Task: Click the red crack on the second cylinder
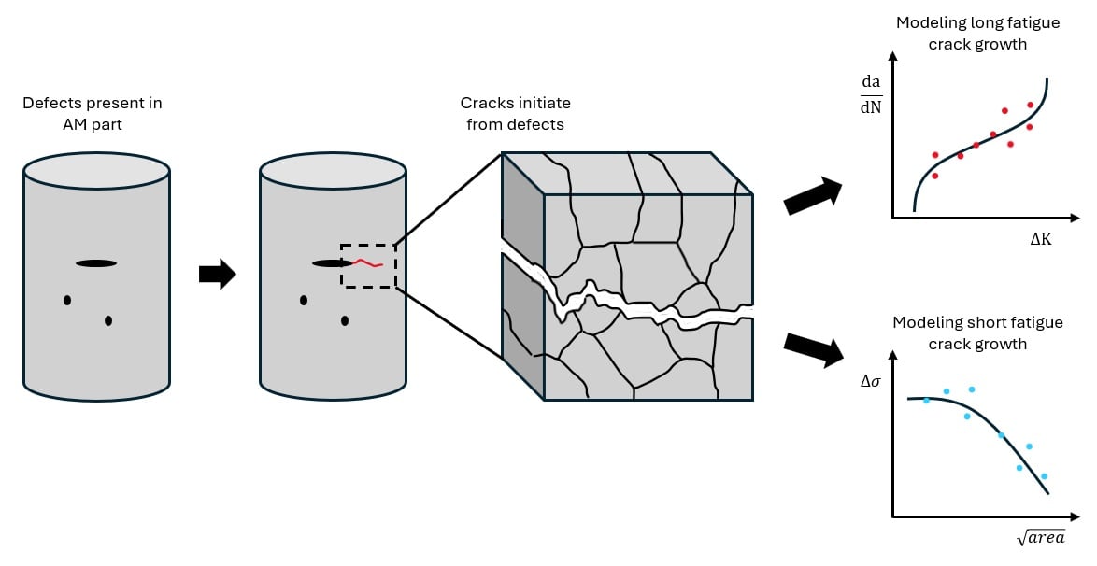click(x=367, y=263)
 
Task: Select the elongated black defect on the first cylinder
click(x=96, y=263)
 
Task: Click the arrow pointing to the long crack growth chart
click(x=812, y=196)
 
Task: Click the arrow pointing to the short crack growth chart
click(x=813, y=347)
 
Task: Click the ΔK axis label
click(x=1041, y=240)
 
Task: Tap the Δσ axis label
click(x=871, y=382)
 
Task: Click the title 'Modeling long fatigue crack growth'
click(x=977, y=33)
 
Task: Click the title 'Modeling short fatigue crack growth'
click(x=977, y=333)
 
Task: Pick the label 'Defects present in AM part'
click(x=98, y=112)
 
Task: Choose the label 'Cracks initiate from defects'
click(x=515, y=112)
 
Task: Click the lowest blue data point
click(x=1044, y=476)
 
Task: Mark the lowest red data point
click(x=934, y=176)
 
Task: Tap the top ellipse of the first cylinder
click(x=96, y=170)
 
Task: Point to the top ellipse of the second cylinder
click(x=333, y=170)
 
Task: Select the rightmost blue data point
click(x=1044, y=476)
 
